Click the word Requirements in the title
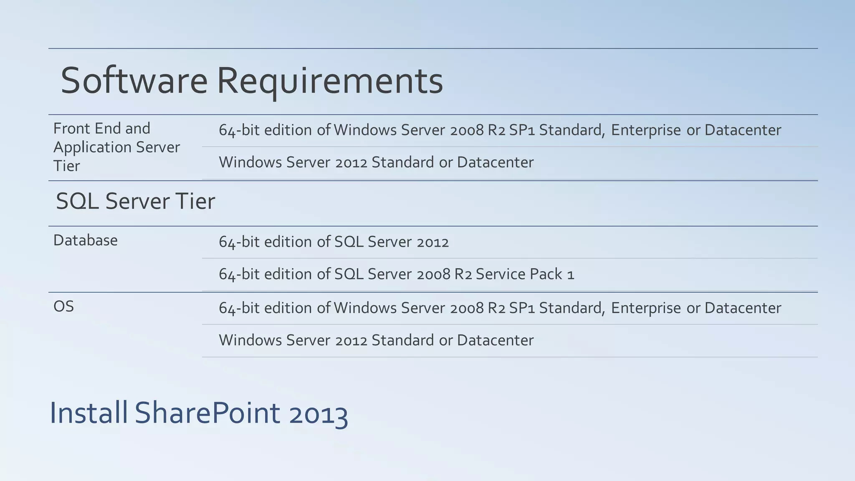click(x=330, y=81)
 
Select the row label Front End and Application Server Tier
click(x=116, y=147)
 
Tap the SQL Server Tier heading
click(x=135, y=201)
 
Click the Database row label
click(x=86, y=240)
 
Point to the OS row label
click(x=64, y=307)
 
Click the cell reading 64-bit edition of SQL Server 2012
click(x=334, y=242)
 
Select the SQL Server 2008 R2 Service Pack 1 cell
click(x=396, y=274)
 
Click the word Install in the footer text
click(x=89, y=413)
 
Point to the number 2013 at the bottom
click(x=318, y=414)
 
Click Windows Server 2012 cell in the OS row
click(x=376, y=340)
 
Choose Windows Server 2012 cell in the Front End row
click(x=376, y=162)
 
